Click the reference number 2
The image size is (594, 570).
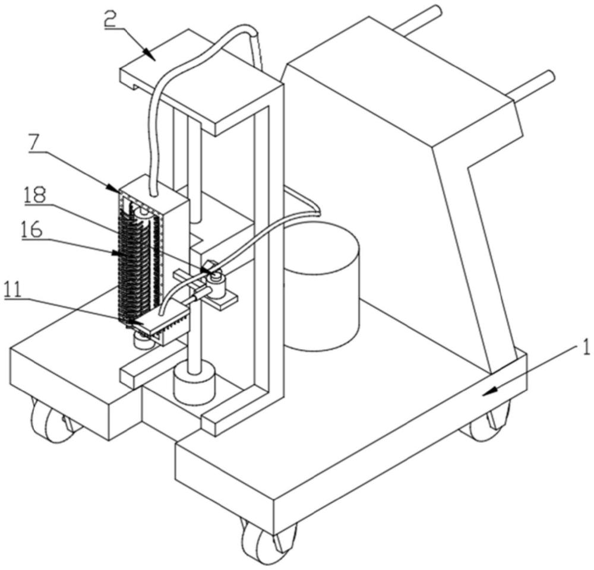tap(110, 21)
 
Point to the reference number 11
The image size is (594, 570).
tap(15, 290)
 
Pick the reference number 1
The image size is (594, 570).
tap(586, 347)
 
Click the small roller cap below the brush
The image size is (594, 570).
tap(143, 341)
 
